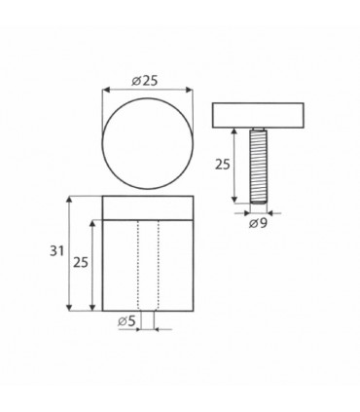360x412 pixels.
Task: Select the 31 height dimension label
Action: [x=57, y=251]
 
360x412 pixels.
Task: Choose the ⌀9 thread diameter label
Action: [x=258, y=225]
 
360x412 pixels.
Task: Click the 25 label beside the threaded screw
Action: [x=222, y=166]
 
